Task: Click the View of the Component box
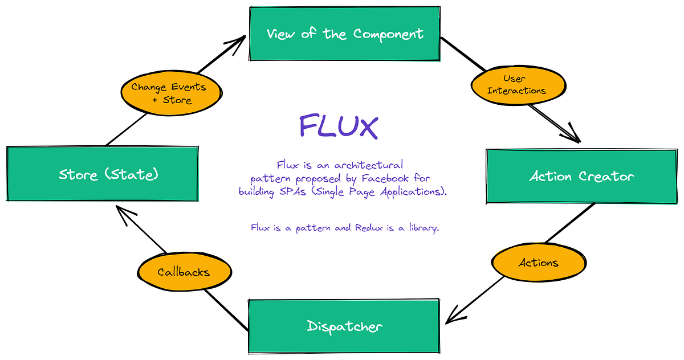click(345, 34)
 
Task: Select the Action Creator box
click(581, 176)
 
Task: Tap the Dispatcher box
click(344, 326)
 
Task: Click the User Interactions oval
click(518, 84)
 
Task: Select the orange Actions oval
click(539, 263)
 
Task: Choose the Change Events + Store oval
click(169, 93)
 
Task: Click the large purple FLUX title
click(339, 126)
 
